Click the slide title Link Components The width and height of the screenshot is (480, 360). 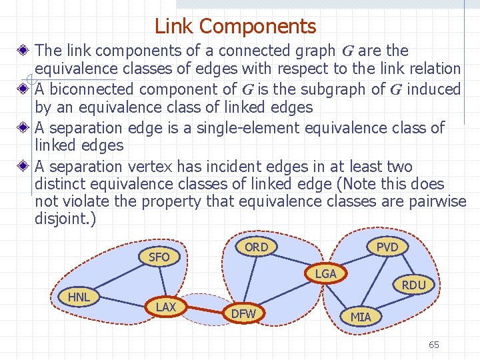click(x=235, y=27)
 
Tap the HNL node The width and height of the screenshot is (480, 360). click(x=79, y=296)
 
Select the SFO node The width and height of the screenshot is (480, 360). click(x=159, y=257)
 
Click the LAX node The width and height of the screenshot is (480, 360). click(x=166, y=307)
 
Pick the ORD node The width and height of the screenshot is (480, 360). click(x=256, y=247)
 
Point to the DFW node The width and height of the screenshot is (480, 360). click(x=243, y=313)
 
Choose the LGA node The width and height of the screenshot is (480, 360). click(x=325, y=274)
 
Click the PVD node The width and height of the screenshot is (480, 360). click(x=387, y=247)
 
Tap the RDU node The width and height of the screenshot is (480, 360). click(x=414, y=285)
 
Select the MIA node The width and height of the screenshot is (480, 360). click(x=361, y=317)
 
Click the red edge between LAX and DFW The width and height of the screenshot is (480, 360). click(x=205, y=310)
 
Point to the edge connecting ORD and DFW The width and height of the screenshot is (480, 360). click(x=250, y=280)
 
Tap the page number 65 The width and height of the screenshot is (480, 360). click(x=434, y=345)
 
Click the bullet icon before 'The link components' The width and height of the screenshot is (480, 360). click(x=23, y=51)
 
